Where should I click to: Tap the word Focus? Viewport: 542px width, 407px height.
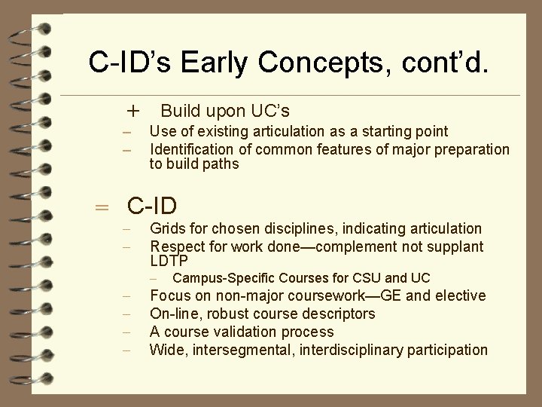(169, 295)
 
